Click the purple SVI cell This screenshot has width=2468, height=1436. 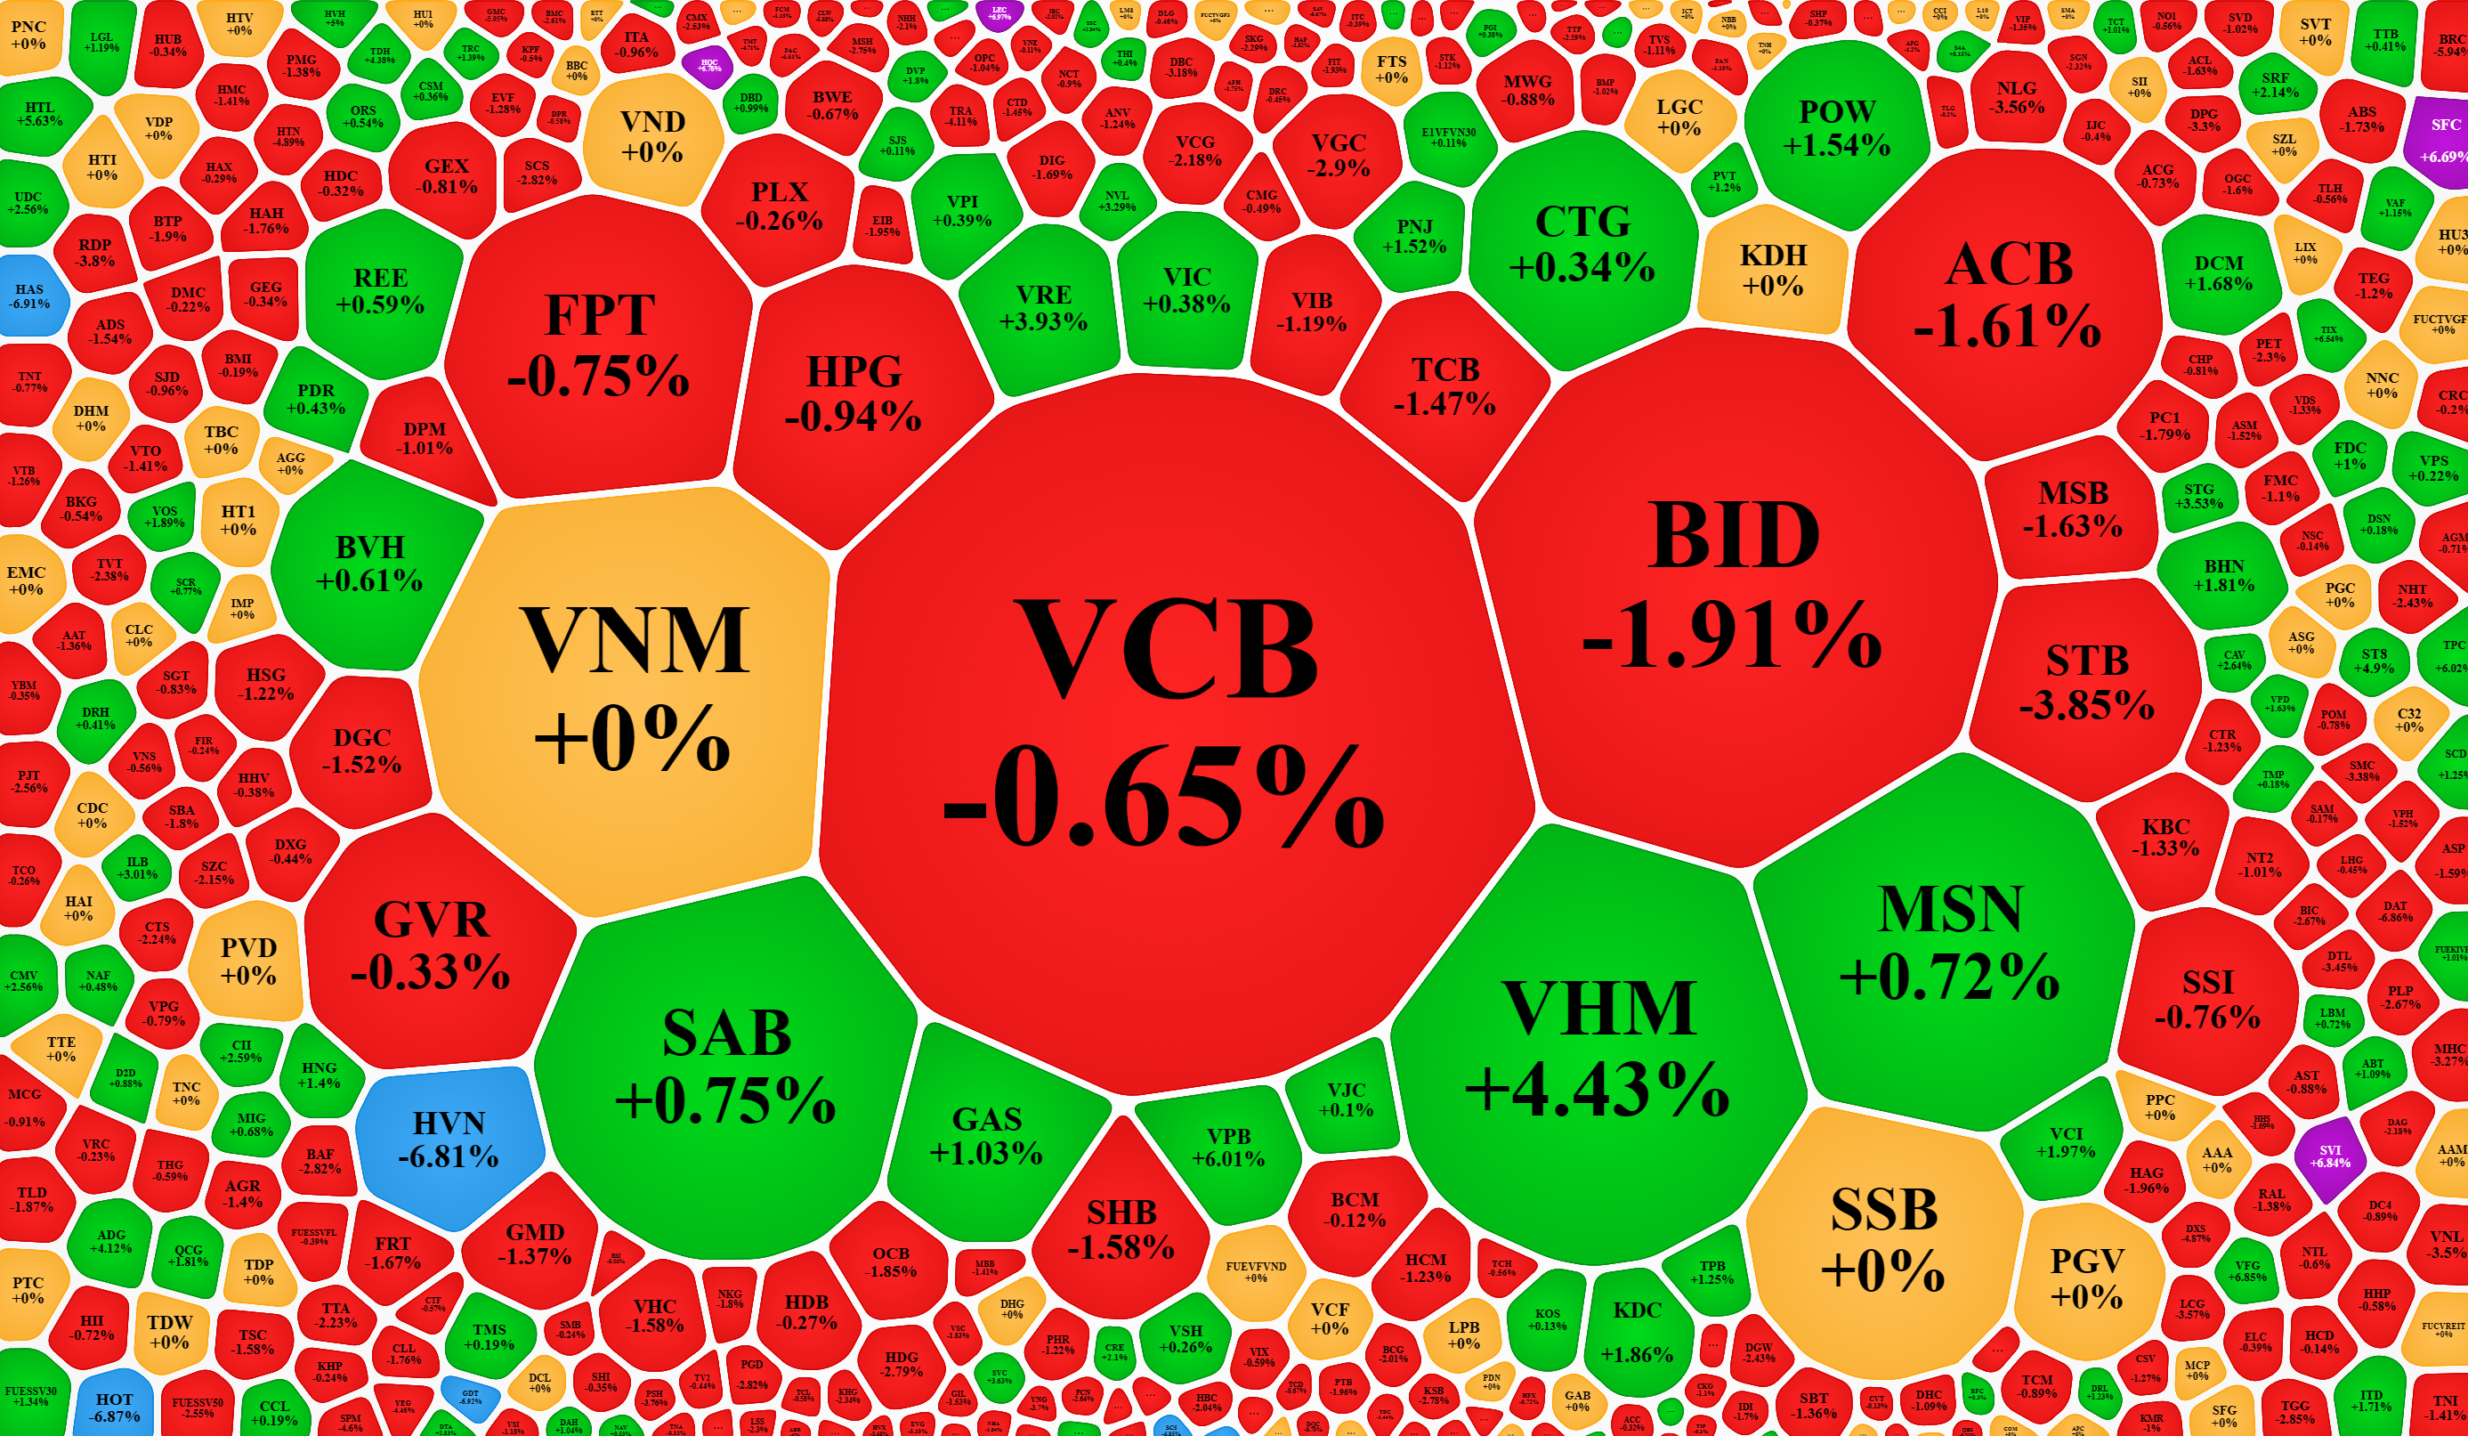[x=2330, y=1156]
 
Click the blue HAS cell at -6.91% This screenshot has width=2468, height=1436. [x=30, y=295]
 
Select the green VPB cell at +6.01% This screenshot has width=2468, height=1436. [x=1227, y=1146]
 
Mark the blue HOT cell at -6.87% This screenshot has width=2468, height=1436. [x=114, y=1407]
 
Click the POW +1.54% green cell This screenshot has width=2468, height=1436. [x=1836, y=128]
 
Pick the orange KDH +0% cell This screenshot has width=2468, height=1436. [x=1773, y=270]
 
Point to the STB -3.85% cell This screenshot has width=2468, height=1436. [x=2086, y=681]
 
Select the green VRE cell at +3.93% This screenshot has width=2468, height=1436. [x=1043, y=306]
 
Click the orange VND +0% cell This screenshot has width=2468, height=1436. [x=652, y=137]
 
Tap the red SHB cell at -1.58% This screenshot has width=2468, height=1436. [x=1121, y=1229]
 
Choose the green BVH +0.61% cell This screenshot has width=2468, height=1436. [x=369, y=564]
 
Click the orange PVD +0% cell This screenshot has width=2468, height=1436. [x=247, y=961]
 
